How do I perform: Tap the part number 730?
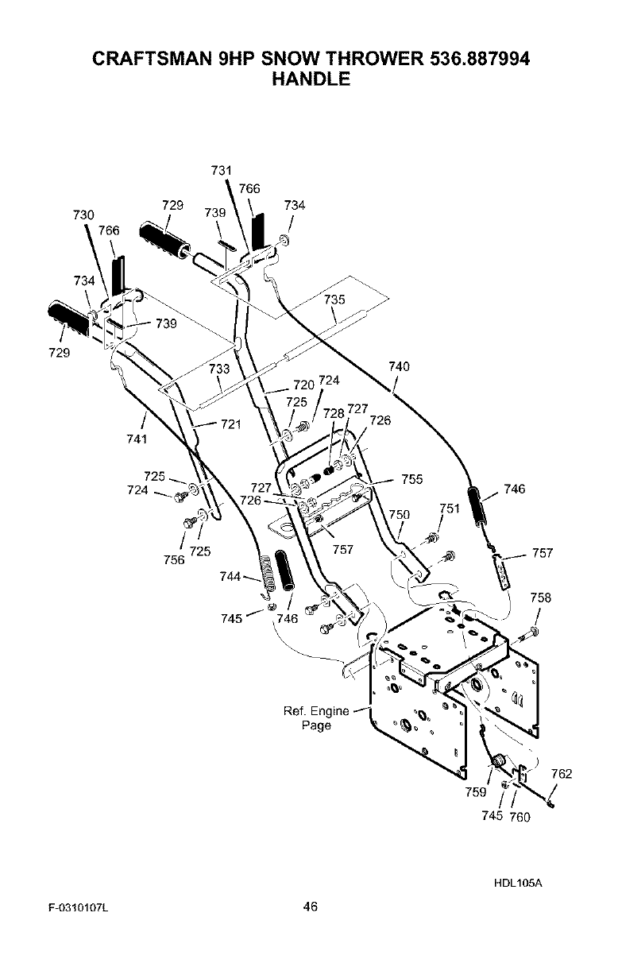(x=83, y=215)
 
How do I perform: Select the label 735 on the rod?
(x=335, y=300)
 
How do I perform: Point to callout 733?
(x=218, y=369)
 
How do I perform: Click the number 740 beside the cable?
(x=400, y=366)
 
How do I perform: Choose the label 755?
(x=411, y=479)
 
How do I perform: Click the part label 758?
(x=541, y=598)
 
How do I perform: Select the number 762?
(x=562, y=774)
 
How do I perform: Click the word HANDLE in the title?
(x=311, y=79)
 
